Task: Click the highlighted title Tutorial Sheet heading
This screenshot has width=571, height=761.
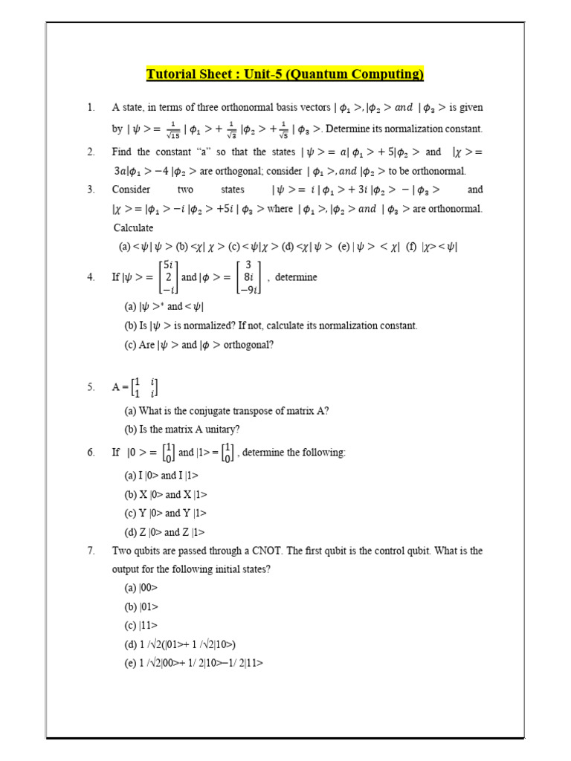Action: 285,74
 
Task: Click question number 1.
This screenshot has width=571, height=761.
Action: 91,108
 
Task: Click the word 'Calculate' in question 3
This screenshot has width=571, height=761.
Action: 133,227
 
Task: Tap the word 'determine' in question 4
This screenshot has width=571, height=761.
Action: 296,277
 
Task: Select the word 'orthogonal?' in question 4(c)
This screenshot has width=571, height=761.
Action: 250,345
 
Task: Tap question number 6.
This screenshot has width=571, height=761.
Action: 91,453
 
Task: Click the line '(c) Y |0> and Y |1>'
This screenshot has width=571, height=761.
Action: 165,513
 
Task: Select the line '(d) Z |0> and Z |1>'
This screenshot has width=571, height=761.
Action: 164,532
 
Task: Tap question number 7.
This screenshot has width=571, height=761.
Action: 91,551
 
